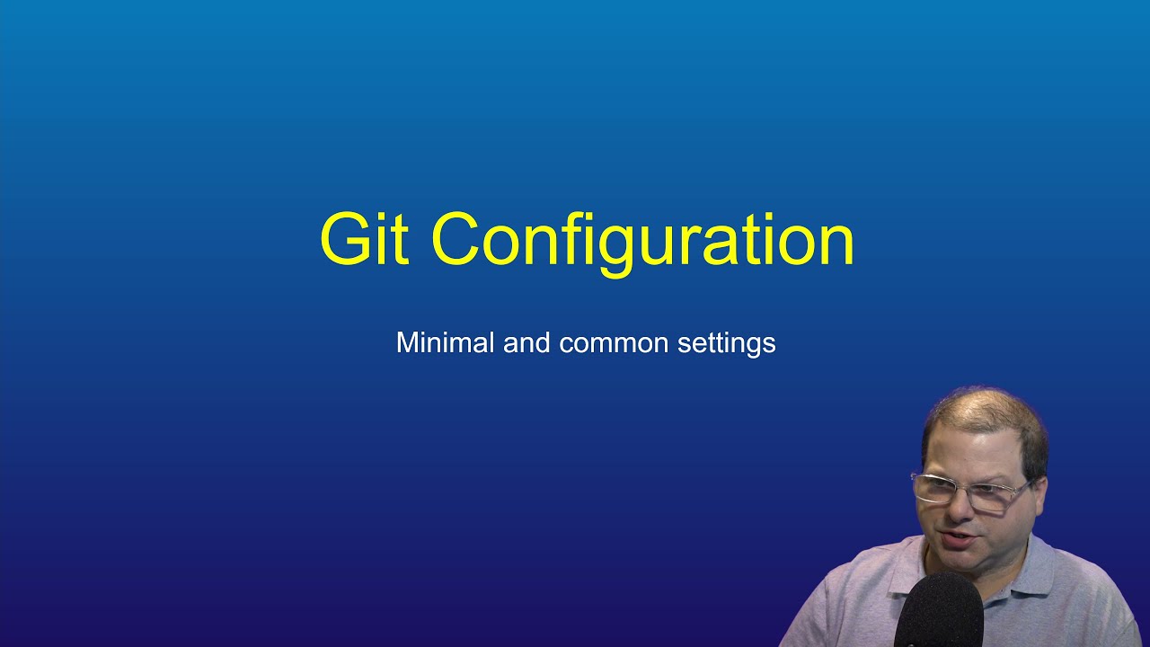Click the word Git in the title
click(x=364, y=239)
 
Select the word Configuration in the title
click(x=642, y=241)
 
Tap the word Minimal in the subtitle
click(x=445, y=342)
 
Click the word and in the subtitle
click(x=526, y=342)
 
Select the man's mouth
click(x=959, y=541)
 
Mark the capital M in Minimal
click(x=408, y=342)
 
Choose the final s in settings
click(x=770, y=344)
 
